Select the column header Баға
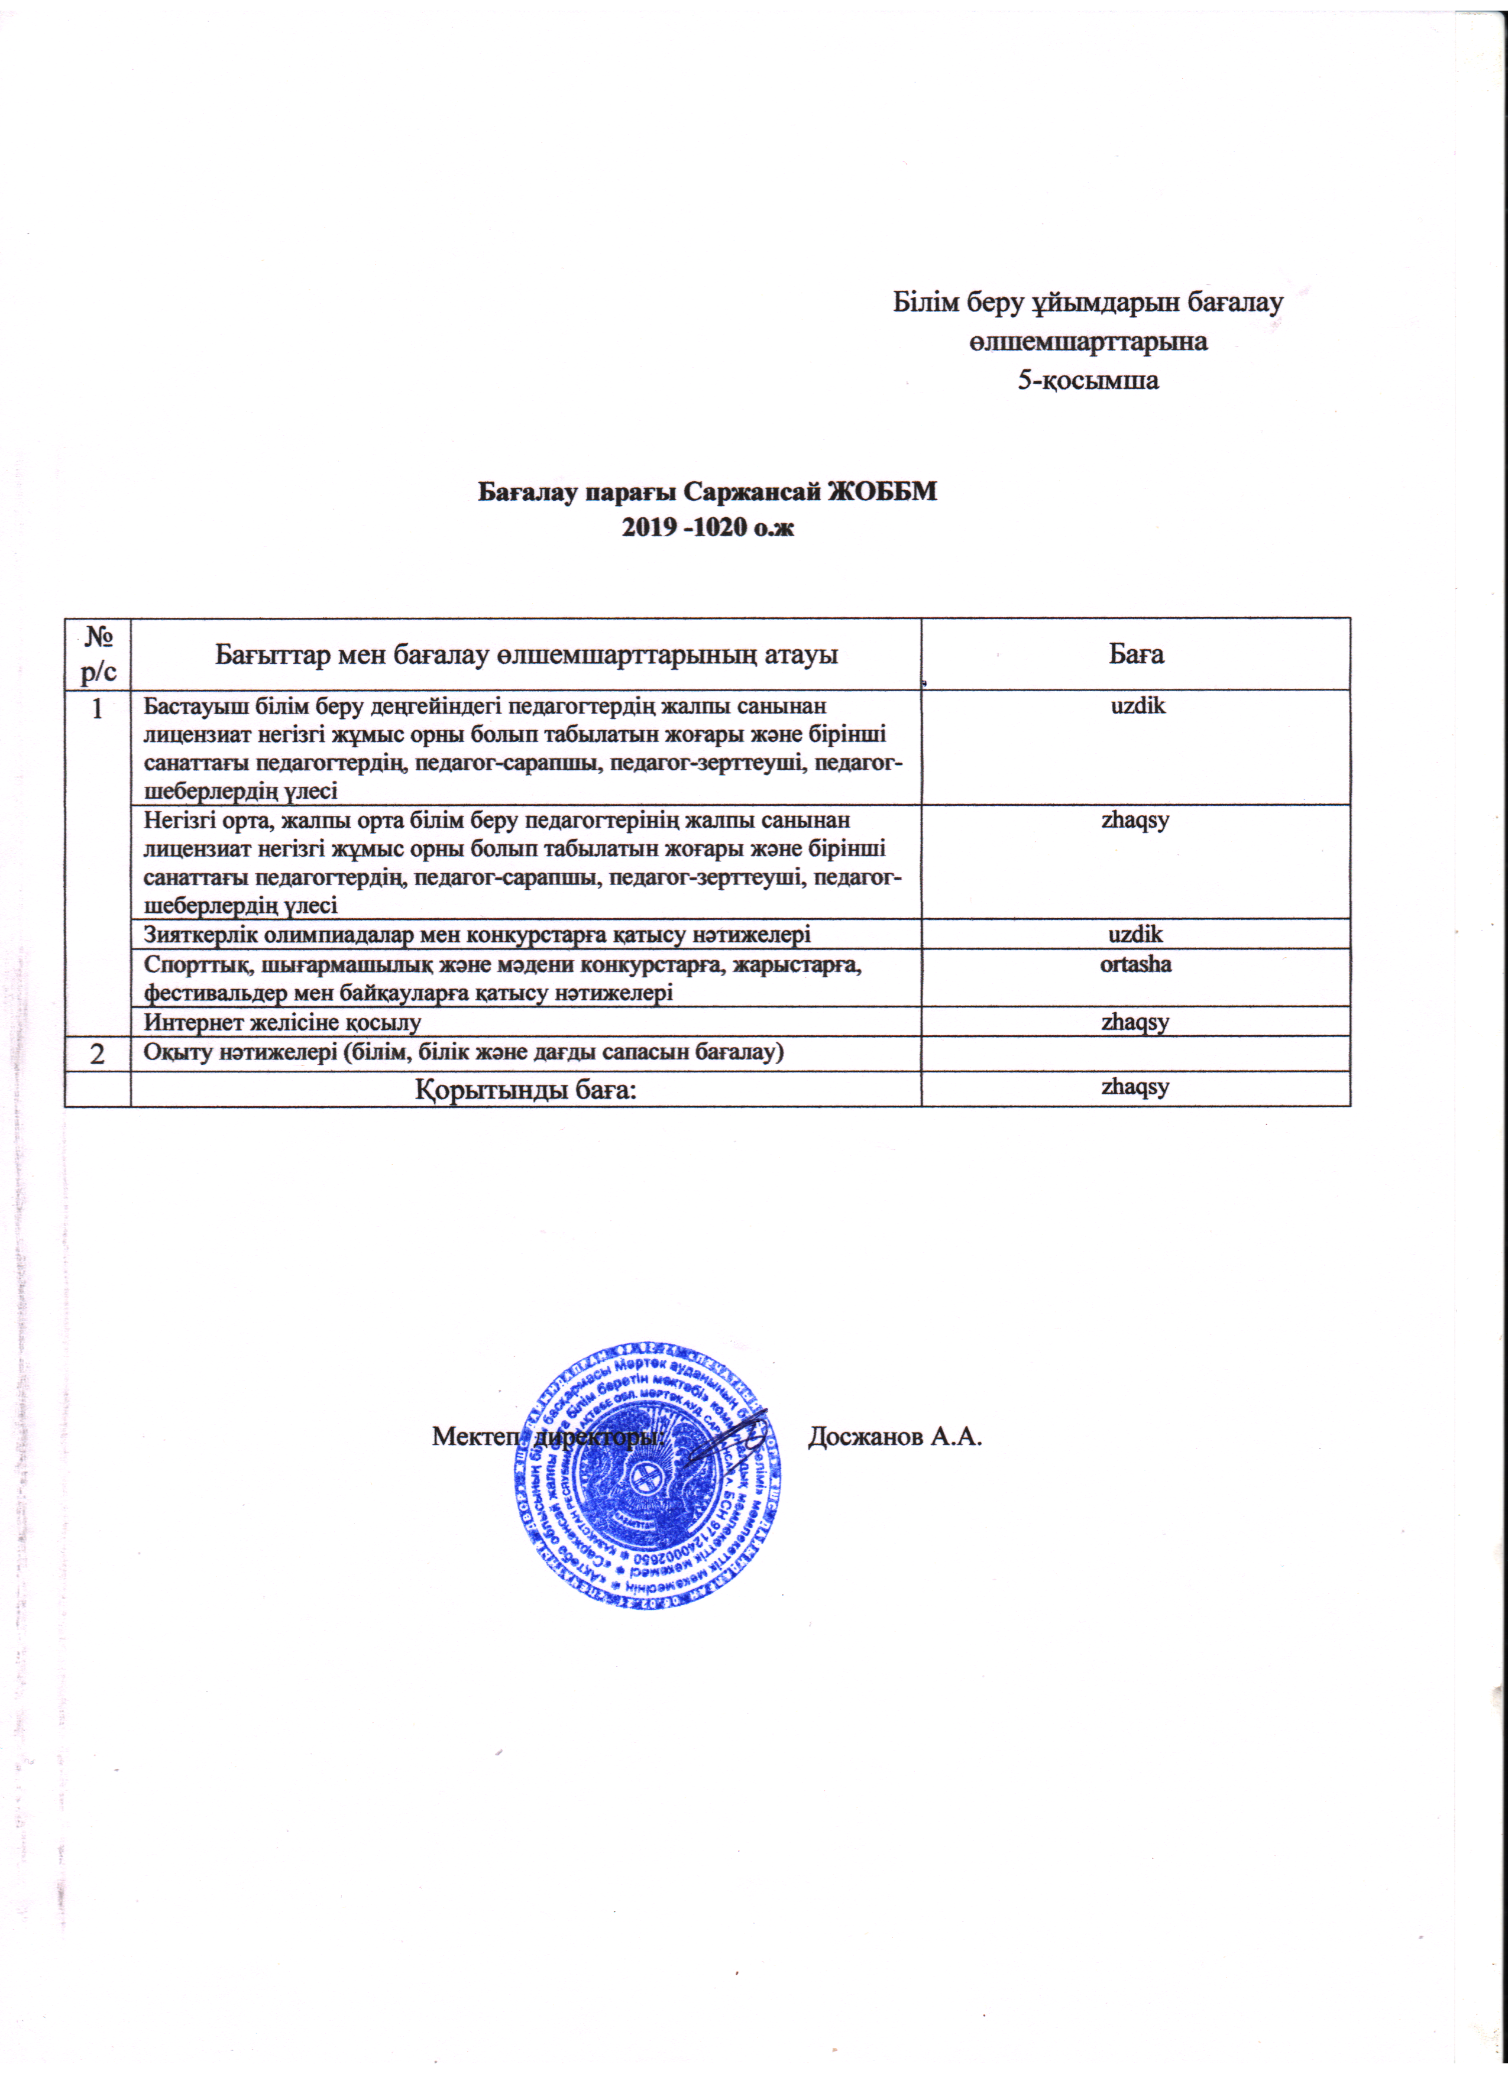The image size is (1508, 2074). coord(1136,654)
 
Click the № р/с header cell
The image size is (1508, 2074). coord(98,653)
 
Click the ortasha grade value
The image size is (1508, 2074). coord(1136,964)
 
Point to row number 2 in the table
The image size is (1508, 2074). coord(98,1054)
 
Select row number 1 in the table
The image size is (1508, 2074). coord(98,709)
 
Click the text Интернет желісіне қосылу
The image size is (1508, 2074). coord(283,1022)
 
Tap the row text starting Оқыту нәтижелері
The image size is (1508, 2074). coord(464,1052)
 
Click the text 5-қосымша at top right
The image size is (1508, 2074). coord(1088,380)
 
